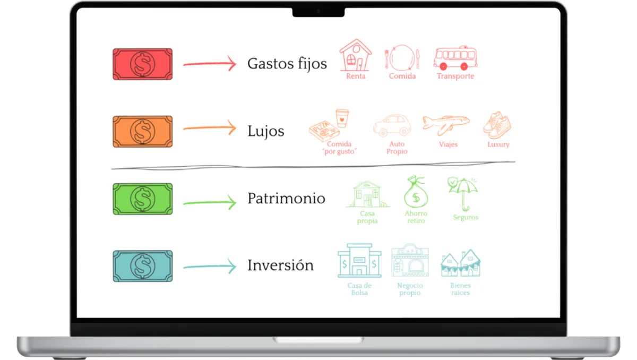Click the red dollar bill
click(142, 64)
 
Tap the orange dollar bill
click(142, 131)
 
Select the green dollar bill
click(142, 199)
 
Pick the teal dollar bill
click(142, 266)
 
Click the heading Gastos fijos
click(287, 64)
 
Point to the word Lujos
click(265, 131)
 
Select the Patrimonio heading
click(286, 199)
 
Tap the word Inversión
click(280, 265)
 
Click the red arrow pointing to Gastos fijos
click(209, 64)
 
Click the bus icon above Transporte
click(455, 58)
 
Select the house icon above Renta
click(355, 55)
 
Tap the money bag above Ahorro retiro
click(416, 193)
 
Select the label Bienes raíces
click(460, 289)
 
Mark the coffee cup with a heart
click(342, 118)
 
